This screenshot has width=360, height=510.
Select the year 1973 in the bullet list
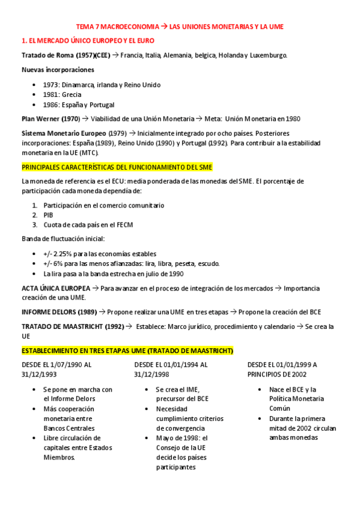pos(51,85)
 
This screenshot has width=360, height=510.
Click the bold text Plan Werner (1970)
pos(50,119)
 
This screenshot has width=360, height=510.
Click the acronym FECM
pos(124,225)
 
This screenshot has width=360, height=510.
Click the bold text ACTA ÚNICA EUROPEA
pos(56,288)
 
